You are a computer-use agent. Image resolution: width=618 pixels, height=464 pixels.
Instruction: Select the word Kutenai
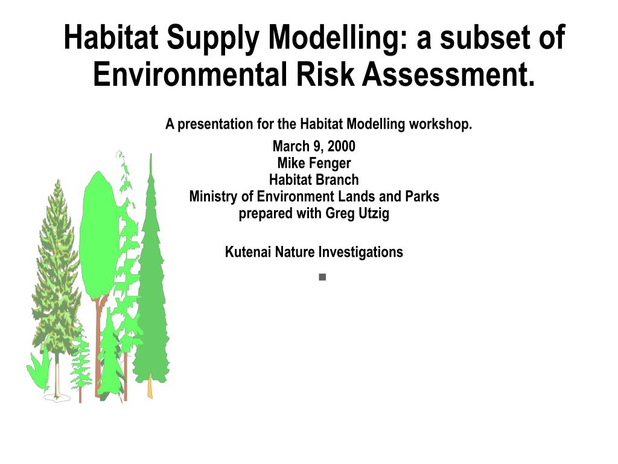pos(248,252)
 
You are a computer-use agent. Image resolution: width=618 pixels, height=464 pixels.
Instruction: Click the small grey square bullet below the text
pos(322,277)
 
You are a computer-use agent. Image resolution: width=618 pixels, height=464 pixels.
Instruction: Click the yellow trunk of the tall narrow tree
pos(150,387)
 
